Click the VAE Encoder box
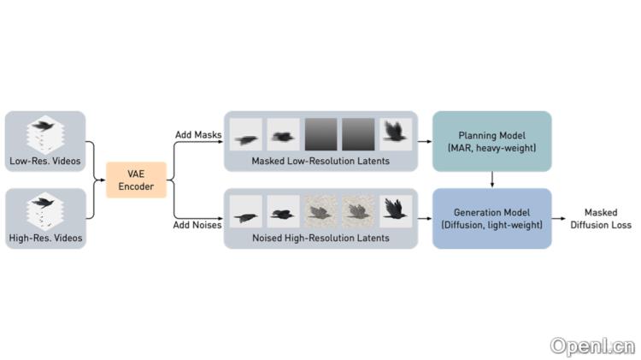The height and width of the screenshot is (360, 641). click(x=136, y=180)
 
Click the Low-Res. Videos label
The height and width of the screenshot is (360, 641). click(x=45, y=161)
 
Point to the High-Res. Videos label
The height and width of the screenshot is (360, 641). click(x=45, y=238)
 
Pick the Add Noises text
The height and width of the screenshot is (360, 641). click(x=197, y=224)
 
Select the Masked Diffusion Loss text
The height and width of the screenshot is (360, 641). click(x=608, y=219)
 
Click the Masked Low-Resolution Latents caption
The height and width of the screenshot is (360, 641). click(x=320, y=160)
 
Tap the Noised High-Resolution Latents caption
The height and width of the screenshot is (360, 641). click(x=320, y=238)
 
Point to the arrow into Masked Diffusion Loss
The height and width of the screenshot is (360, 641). click(x=564, y=219)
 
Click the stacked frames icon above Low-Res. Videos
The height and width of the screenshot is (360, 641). click(x=45, y=133)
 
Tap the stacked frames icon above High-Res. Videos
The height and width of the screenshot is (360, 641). click(x=45, y=210)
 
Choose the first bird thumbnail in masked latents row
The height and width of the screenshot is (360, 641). click(x=248, y=134)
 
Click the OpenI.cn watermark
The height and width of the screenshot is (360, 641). click(x=592, y=345)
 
